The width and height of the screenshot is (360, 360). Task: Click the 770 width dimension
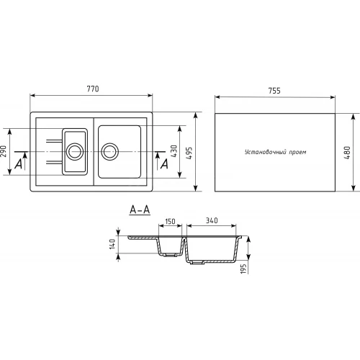coord(93,89)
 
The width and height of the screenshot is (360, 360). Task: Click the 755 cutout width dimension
coord(274,91)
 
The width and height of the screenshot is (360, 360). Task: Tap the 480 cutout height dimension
coord(347,153)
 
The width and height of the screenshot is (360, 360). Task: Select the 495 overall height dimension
coord(189,153)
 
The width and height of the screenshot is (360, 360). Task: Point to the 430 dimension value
coord(174,151)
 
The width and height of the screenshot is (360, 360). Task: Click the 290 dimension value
coord(4,151)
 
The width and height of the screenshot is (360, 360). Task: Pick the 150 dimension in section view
coord(170,221)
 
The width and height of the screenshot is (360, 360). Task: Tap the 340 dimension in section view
coord(212,220)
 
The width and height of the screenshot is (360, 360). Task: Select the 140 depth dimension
coord(112,244)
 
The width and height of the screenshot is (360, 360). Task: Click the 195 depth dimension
coord(243,269)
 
